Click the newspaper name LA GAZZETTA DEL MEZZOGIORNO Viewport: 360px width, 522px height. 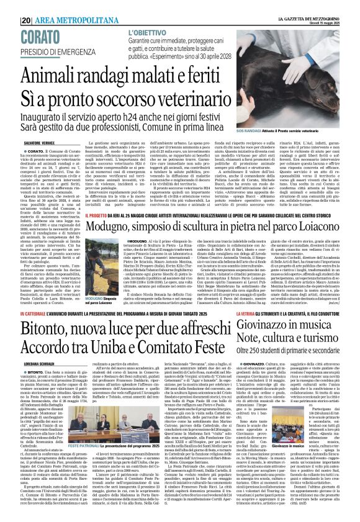[318, 4]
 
